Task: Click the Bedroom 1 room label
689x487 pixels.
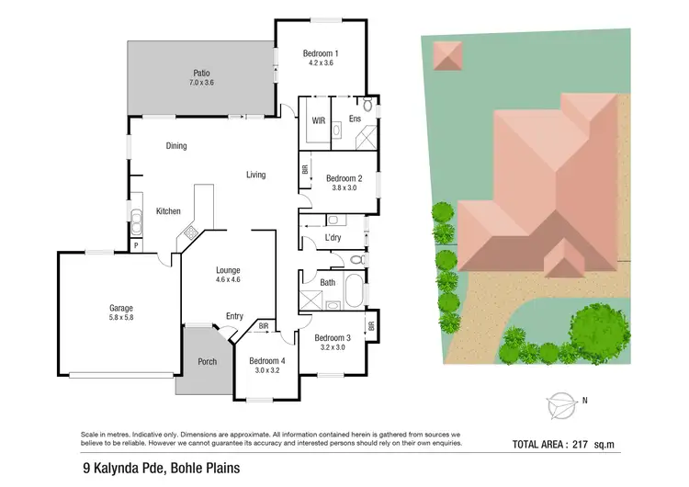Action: point(321,53)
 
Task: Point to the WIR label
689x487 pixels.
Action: point(319,120)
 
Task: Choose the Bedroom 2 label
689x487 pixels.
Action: point(344,177)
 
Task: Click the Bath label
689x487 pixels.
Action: point(328,282)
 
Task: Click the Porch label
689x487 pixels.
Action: point(208,361)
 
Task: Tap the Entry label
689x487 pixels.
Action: point(234,316)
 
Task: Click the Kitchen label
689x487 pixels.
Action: point(167,211)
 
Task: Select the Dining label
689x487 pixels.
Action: point(176,145)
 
